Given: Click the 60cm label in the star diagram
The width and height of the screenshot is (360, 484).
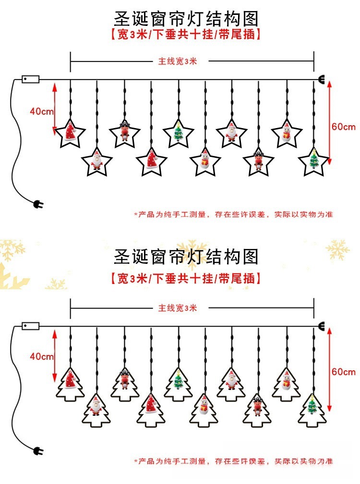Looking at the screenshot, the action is (344, 127).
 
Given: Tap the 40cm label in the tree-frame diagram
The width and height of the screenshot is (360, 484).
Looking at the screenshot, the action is (42, 356).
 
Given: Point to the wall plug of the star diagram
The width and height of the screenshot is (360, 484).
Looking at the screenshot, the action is (38, 205).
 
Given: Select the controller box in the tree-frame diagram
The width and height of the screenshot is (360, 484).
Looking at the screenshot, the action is (31, 326).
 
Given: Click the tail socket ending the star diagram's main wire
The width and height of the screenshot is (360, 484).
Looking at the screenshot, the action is (321, 80).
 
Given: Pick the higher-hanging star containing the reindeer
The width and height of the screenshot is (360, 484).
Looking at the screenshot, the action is (124, 132).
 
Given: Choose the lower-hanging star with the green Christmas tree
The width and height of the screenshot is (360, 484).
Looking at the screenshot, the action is (314, 161).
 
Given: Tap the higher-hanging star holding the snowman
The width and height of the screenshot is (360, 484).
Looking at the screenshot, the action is (286, 132).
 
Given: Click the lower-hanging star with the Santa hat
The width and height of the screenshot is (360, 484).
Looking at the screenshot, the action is (152, 161).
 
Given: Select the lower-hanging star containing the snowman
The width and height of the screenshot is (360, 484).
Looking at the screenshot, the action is (205, 161).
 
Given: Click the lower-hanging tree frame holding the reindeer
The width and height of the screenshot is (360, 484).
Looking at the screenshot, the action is (259, 411).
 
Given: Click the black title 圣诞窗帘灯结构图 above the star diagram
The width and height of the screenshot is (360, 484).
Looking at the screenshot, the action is (186, 19).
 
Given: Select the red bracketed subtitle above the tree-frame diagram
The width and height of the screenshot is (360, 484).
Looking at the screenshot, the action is (185, 278).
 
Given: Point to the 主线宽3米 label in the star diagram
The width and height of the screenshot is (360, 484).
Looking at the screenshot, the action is (178, 61).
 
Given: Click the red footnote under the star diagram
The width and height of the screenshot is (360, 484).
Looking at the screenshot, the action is (233, 214).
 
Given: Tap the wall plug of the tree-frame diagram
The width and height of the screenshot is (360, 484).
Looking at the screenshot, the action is (38, 451).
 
